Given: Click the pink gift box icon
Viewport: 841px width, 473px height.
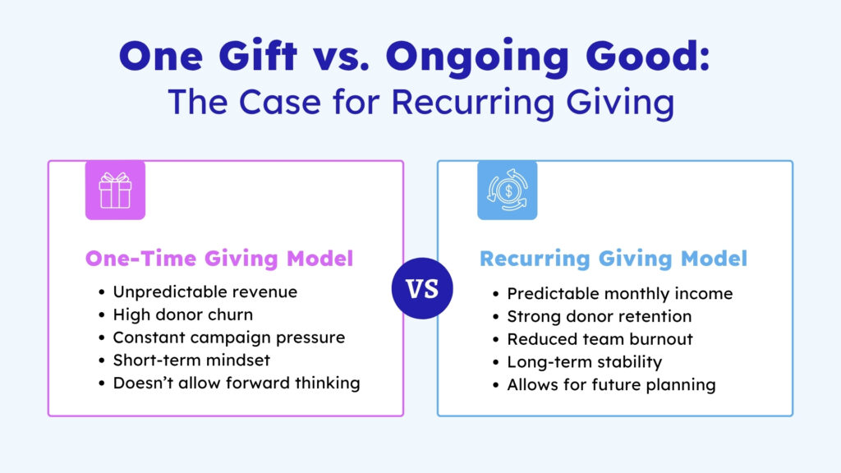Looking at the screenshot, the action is pyautogui.click(x=115, y=190).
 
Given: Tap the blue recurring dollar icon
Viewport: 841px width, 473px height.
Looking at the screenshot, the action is pyautogui.click(x=508, y=190).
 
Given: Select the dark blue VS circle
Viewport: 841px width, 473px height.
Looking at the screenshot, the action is pyautogui.click(x=422, y=288).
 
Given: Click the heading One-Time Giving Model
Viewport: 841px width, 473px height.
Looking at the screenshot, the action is pyautogui.click(x=219, y=259).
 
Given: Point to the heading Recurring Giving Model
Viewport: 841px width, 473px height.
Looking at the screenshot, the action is pyautogui.click(x=614, y=259).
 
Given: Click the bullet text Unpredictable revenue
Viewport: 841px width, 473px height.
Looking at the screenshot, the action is pyautogui.click(x=205, y=292).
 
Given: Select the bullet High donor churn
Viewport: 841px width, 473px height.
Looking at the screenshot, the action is pyautogui.click(x=183, y=315).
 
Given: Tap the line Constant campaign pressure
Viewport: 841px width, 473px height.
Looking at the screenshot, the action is pyautogui.click(x=229, y=338).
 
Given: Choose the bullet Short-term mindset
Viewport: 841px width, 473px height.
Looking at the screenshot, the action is pyautogui.click(x=191, y=360).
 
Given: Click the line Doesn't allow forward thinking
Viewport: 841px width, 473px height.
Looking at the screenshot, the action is pyautogui.click(x=237, y=383).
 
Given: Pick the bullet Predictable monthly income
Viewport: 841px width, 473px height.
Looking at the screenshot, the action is pyautogui.click(x=620, y=294).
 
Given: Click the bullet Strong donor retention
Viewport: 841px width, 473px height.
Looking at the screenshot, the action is pyautogui.click(x=600, y=316).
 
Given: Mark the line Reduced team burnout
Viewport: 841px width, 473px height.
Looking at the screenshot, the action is pyautogui.click(x=600, y=339).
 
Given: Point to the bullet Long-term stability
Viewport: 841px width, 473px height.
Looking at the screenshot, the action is pyautogui.click(x=585, y=362).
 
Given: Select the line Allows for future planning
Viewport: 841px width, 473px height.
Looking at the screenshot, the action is pyautogui.click(x=611, y=385).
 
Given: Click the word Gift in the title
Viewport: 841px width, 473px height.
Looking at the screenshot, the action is pyautogui.click(x=258, y=55).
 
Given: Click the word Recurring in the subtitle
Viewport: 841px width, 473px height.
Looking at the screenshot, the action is pyautogui.click(x=472, y=103).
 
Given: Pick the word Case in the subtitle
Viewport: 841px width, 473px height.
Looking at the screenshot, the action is pyautogui.click(x=279, y=102).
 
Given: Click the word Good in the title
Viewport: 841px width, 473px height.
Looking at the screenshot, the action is pyautogui.click(x=648, y=55).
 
